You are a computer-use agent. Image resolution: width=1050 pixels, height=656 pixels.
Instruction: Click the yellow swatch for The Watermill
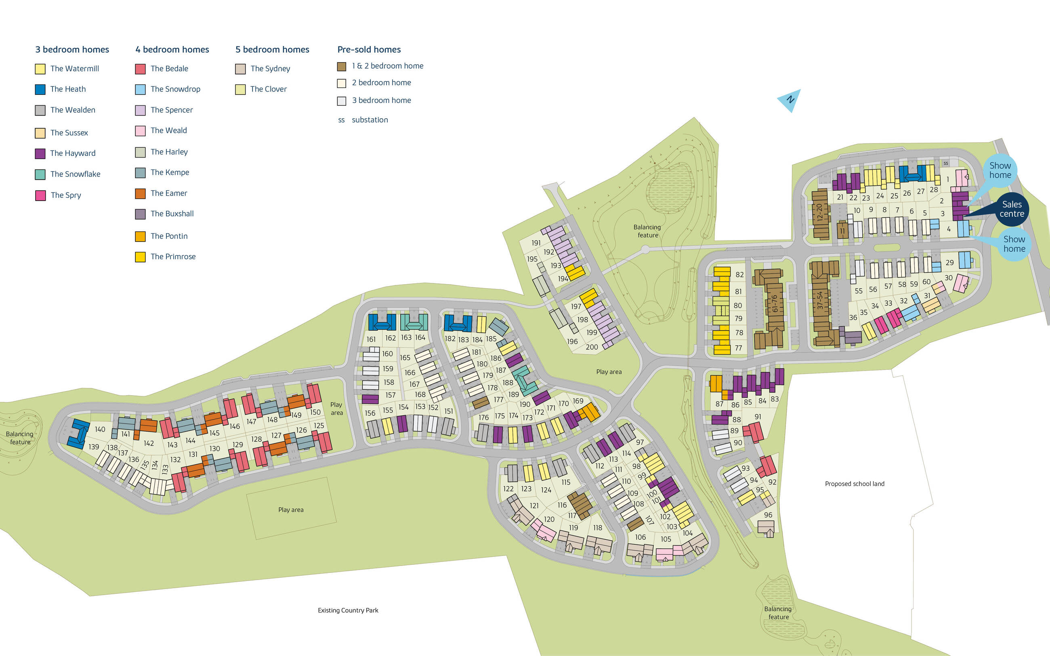coord(40,69)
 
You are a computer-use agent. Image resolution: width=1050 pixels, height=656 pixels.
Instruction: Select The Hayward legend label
coord(72,153)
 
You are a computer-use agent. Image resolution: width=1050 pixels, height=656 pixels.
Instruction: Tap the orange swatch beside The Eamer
coord(140,193)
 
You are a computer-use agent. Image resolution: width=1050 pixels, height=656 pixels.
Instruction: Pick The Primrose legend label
coord(173,256)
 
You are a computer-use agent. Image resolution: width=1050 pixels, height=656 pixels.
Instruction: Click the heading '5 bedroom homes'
coord(272,50)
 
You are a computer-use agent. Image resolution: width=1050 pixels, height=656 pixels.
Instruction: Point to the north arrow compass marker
coord(790,100)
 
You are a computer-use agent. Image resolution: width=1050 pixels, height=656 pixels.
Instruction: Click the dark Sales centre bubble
coord(1011,209)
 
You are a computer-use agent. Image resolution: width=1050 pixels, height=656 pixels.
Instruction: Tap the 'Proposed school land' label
coord(854,484)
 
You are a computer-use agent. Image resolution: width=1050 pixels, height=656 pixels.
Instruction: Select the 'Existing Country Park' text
coord(348,610)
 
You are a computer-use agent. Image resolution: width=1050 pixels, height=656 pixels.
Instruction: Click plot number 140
coord(100,429)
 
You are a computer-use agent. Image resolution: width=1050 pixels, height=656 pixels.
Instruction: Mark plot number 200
coord(591,347)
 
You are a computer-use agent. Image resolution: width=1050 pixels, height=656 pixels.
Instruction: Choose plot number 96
coord(768,515)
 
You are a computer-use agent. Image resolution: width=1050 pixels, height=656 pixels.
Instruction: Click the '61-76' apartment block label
coord(775,303)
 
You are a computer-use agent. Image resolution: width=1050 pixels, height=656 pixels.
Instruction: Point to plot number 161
coord(371,339)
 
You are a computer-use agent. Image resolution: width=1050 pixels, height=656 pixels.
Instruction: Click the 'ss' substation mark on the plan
coord(945,163)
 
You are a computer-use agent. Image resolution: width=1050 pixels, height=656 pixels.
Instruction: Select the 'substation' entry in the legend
coord(370,120)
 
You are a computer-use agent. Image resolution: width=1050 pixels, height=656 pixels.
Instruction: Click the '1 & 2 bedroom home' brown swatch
coord(342,66)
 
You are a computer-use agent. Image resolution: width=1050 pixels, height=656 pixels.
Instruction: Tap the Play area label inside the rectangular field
coord(291,510)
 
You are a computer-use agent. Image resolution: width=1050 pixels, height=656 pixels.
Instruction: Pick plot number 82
coord(739,275)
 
